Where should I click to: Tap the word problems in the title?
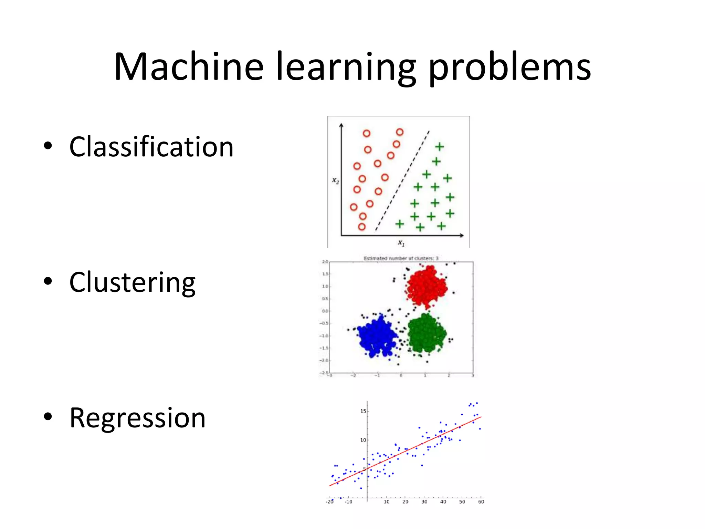pos(509,67)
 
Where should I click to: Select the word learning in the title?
pos(346,67)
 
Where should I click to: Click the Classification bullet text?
pos(151,147)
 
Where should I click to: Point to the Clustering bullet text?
pos(132,282)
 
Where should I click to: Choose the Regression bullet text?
pos(137,418)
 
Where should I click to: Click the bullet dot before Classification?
pos(48,146)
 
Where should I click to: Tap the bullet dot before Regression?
pos(48,416)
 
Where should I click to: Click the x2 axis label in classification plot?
pos(335,180)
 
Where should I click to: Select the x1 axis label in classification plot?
pos(401,243)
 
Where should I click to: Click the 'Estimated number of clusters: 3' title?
pos(401,258)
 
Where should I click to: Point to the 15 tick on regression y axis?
pos(363,411)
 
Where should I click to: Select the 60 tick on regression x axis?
pos(481,502)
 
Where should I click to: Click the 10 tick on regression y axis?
pos(363,440)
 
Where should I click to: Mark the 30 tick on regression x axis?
pos(424,502)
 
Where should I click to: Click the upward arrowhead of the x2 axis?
pos(341,125)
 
